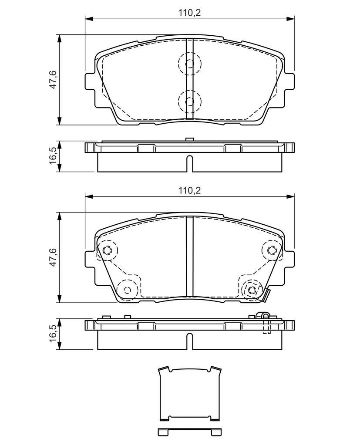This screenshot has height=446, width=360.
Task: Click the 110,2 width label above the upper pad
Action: click(x=189, y=13)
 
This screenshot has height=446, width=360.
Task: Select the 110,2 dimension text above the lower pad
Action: click(x=189, y=190)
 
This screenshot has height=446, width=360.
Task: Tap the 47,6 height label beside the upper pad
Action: click(x=53, y=80)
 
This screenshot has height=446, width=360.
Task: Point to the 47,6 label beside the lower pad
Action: click(x=53, y=257)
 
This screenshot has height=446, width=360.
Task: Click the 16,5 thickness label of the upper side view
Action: click(x=53, y=156)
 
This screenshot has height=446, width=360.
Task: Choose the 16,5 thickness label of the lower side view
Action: click(x=53, y=333)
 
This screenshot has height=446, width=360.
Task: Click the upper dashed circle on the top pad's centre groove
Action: click(x=190, y=53)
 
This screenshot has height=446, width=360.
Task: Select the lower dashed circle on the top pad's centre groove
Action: click(x=190, y=91)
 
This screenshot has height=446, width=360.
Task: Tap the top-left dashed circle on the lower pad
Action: click(x=107, y=240)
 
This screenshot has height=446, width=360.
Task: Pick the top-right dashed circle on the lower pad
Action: click(x=272, y=240)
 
